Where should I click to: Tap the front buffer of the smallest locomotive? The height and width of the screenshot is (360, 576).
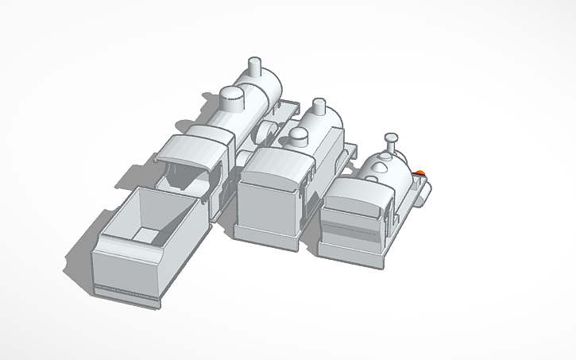coord(427,191)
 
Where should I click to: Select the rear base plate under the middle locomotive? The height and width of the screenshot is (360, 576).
coord(269,238)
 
